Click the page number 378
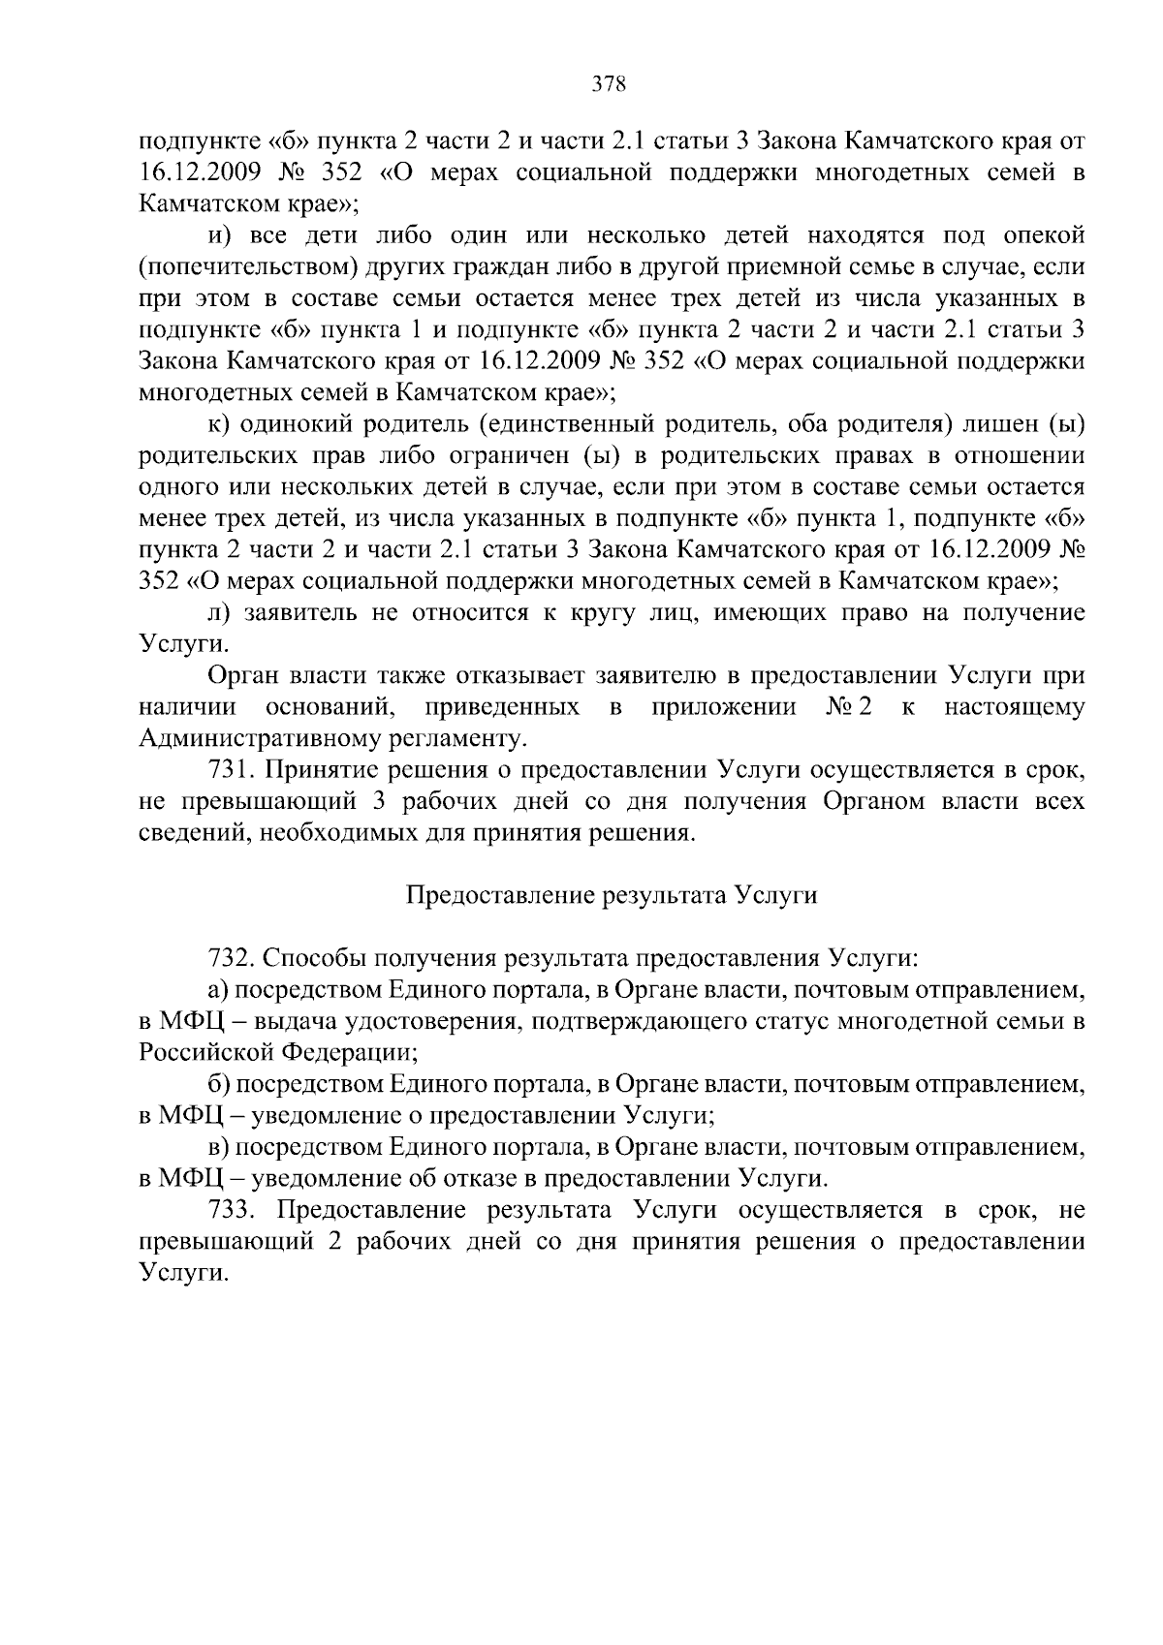(x=610, y=83)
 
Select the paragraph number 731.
(x=232, y=770)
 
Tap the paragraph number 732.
(x=232, y=958)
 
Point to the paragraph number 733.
(x=232, y=1210)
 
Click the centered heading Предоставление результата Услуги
(x=610, y=895)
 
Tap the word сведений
(x=181, y=833)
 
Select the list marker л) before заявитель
(x=218, y=613)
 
